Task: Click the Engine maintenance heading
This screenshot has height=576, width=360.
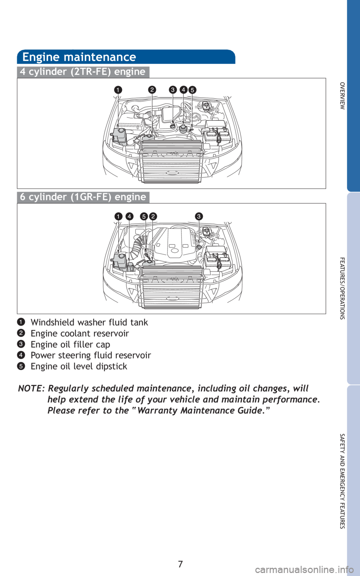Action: tap(79, 57)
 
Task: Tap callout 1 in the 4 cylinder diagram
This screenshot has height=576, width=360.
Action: tap(118, 90)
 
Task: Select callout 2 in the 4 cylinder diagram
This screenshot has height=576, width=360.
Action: tap(152, 90)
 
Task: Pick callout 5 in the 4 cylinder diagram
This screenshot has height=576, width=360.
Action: tap(192, 90)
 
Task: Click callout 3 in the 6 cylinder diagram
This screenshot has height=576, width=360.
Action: tap(199, 216)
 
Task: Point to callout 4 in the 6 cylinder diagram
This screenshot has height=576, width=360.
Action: tap(129, 216)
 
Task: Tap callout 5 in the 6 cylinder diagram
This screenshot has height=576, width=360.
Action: tap(144, 216)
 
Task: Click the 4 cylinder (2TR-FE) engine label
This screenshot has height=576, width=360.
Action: tap(83, 72)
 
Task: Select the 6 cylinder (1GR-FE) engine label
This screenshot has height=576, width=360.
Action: tap(83, 197)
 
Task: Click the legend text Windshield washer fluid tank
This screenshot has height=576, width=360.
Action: tap(89, 322)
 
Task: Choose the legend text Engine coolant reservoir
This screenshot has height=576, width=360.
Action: tap(80, 333)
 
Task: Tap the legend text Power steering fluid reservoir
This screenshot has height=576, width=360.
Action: tap(91, 355)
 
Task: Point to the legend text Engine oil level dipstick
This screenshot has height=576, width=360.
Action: tap(79, 366)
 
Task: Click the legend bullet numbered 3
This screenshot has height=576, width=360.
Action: tap(21, 344)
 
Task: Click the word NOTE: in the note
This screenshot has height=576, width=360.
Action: tap(31, 388)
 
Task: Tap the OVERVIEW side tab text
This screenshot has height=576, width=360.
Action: tap(342, 96)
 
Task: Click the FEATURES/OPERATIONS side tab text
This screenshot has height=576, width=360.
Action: tap(342, 288)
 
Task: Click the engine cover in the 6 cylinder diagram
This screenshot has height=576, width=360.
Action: tap(174, 243)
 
